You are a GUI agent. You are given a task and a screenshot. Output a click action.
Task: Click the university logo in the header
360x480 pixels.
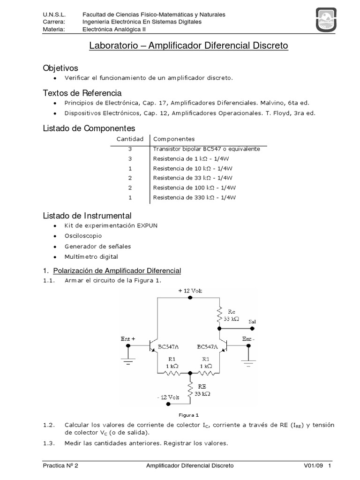click(327, 21)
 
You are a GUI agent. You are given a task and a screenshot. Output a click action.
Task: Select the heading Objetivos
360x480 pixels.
click(60, 68)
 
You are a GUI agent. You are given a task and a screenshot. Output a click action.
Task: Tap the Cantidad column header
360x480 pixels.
click(129, 139)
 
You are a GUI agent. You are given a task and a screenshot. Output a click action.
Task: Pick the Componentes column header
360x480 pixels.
click(174, 139)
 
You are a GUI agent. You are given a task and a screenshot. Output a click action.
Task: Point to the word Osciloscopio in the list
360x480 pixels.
click(83, 236)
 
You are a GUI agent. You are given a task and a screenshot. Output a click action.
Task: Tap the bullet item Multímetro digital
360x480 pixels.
click(91, 256)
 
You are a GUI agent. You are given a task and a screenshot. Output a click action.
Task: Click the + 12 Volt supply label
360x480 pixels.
click(190, 291)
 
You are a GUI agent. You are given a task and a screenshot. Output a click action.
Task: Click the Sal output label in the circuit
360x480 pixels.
click(252, 322)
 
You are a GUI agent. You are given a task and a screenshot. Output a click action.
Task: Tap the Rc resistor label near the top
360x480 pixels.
click(232, 311)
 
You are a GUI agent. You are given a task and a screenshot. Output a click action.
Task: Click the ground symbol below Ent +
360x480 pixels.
click(128, 361)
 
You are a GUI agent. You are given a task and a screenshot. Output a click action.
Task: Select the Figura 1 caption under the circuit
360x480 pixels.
click(190, 415)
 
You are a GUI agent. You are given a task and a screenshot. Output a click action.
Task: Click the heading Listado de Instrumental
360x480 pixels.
click(87, 216)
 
